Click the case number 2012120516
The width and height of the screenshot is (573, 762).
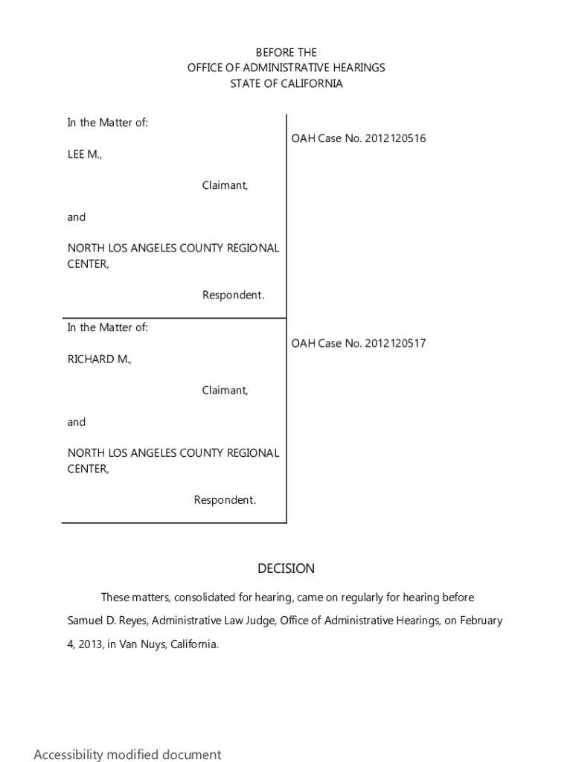click(395, 138)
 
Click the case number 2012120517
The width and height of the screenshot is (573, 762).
click(395, 343)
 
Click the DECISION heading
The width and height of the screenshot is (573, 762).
click(286, 569)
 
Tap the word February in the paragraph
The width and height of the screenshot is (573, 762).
click(481, 621)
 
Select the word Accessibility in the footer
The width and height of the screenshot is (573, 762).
click(68, 755)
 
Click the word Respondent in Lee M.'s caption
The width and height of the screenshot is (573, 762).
click(233, 295)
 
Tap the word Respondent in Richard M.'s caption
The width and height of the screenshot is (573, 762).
click(225, 500)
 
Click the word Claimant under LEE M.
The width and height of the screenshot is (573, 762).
click(225, 185)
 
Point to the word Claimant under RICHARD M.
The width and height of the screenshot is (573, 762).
click(225, 390)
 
